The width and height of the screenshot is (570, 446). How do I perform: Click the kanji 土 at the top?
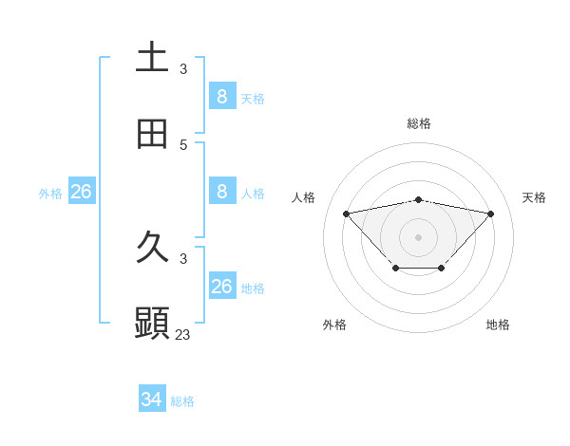pos(152,58)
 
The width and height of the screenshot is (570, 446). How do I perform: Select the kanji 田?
pos(152,135)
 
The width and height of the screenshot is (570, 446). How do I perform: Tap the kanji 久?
pos(152,248)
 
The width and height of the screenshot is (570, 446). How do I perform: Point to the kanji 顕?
pos(152,324)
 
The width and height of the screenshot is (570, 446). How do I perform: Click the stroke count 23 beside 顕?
pos(183,335)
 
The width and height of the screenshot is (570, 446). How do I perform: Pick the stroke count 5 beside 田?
pos(183,145)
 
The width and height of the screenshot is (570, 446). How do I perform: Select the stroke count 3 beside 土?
pos(183,69)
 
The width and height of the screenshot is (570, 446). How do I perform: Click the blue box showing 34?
pos(152,400)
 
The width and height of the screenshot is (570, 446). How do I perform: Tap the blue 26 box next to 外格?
pos(81,192)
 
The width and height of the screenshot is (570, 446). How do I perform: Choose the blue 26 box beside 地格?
pos(221,287)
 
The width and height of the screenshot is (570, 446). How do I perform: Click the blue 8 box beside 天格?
pos(221,96)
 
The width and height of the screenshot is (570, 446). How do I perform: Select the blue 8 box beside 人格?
pos(221,192)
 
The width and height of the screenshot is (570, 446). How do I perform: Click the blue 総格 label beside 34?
pos(182,401)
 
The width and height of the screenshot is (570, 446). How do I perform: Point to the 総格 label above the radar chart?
pos(419,123)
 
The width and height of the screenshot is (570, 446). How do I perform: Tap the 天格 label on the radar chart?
pos(535,197)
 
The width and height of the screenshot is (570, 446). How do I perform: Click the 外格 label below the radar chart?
pos(334,325)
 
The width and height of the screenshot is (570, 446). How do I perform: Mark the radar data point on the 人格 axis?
pos(346,214)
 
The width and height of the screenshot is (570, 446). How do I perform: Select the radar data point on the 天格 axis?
pos(491,214)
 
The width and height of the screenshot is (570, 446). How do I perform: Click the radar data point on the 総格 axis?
pos(419,199)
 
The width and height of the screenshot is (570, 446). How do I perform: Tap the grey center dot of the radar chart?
pos(419,236)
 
